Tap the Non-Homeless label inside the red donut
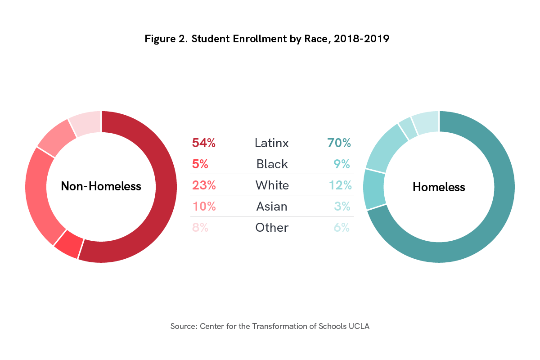pyautogui.click(x=101, y=186)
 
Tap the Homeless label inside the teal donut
pyautogui.click(x=439, y=187)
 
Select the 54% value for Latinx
pyautogui.click(x=204, y=143)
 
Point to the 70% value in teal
pyautogui.click(x=339, y=143)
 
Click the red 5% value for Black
pyautogui.click(x=200, y=164)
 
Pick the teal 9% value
pyautogui.click(x=342, y=164)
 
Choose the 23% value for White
pyautogui.click(x=204, y=185)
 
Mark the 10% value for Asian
pyautogui.click(x=204, y=206)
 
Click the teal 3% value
pyautogui.click(x=342, y=206)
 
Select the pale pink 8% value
pyautogui.click(x=200, y=227)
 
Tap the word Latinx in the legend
pyautogui.click(x=272, y=143)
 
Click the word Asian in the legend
pyautogui.click(x=272, y=206)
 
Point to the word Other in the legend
pyautogui.click(x=272, y=227)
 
